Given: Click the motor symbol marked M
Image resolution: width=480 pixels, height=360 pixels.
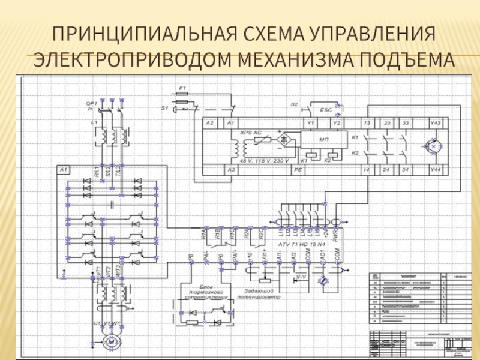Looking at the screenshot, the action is (112, 341).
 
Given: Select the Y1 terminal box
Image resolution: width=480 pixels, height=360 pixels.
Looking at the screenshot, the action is (310, 123).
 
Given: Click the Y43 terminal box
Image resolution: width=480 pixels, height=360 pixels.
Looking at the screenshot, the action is (436, 123).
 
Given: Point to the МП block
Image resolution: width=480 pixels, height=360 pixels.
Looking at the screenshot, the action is (324, 139).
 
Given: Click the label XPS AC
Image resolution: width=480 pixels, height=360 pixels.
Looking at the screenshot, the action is (251, 132).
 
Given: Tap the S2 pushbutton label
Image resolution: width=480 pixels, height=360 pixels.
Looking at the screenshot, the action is (295, 104).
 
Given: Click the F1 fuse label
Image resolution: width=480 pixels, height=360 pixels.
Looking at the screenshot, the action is (184, 88).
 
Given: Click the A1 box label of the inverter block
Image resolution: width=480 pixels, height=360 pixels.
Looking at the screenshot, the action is (64, 170).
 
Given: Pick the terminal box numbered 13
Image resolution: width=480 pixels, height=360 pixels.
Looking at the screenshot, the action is (366, 123).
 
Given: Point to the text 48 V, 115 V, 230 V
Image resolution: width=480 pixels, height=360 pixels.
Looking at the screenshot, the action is (264, 161).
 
